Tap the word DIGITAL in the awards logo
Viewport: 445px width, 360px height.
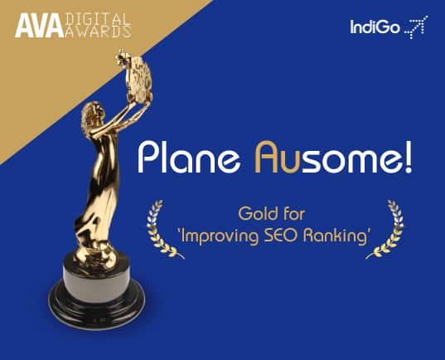[96, 18]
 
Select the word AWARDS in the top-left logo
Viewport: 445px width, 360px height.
[97, 33]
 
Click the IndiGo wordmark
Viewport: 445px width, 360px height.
[375, 30]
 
